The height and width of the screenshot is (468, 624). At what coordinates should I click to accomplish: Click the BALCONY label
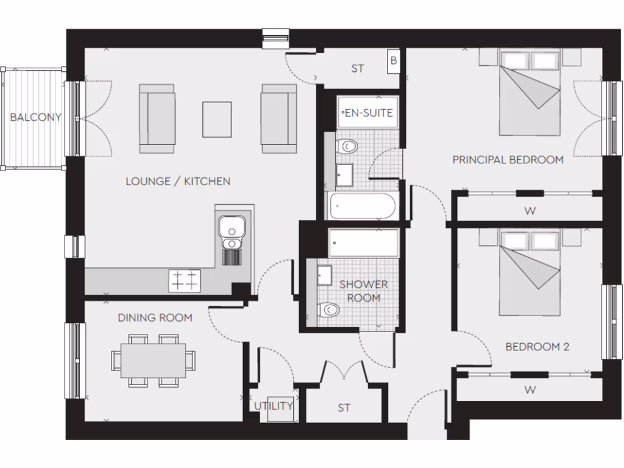36,117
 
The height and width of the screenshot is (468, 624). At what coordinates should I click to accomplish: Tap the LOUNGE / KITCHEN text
178,181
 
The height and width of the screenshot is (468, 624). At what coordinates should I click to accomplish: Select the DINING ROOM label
155,317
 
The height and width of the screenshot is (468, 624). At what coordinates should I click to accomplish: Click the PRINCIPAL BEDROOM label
508,160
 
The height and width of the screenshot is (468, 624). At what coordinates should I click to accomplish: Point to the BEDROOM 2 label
537,347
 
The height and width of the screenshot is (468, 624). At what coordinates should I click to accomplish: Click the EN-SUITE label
368,113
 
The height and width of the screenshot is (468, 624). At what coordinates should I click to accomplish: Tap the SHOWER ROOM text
363,291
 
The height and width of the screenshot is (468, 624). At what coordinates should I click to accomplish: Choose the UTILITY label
274,406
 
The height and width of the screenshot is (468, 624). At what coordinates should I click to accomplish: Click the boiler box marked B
394,61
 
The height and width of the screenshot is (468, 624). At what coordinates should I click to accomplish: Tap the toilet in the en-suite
349,146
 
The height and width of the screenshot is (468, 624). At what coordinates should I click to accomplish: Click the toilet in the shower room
330,310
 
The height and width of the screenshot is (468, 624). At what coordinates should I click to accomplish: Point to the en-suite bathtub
363,207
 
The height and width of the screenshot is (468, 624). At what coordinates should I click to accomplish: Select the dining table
153,361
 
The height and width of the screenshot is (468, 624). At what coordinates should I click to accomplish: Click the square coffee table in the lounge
217,119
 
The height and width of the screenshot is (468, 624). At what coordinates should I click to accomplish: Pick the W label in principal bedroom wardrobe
530,211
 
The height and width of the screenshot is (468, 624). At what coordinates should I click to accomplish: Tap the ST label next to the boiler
358,68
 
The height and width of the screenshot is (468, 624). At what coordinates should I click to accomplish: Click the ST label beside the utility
344,408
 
